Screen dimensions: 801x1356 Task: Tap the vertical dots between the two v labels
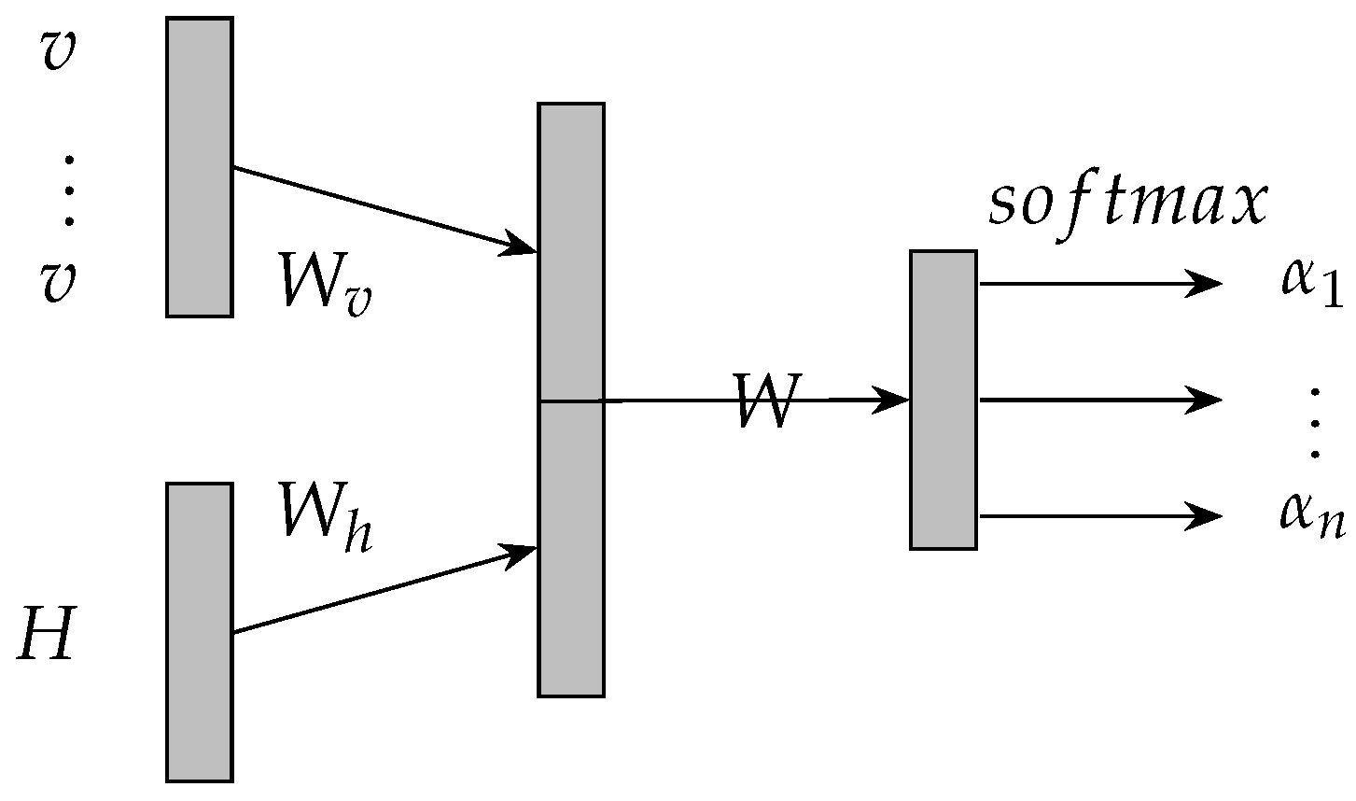(68, 191)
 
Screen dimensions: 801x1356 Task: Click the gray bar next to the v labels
(200, 167)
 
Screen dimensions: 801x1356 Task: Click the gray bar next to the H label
(200, 632)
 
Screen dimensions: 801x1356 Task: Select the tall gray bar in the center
(571, 400)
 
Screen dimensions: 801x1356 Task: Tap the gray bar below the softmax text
(944, 400)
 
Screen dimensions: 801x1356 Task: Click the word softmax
(1128, 203)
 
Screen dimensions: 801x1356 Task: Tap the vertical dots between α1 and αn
(1316, 425)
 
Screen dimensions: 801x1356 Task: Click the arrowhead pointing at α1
(1206, 283)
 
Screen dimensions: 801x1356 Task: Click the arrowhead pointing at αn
(1206, 515)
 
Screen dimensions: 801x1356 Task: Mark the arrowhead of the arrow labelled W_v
(521, 246)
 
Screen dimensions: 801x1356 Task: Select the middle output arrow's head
(1206, 400)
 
